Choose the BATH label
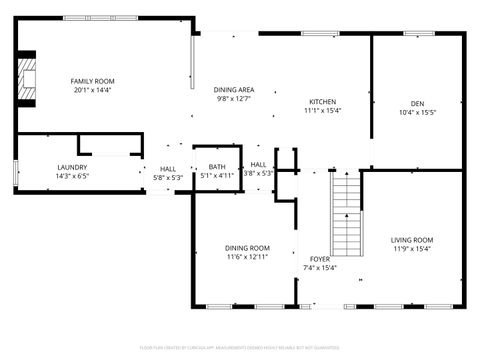click(217, 167)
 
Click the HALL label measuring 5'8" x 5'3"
click(168, 167)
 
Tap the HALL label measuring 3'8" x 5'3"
click(258, 164)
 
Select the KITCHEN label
click(322, 101)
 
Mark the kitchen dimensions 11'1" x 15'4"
click(322, 111)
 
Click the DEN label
click(417, 103)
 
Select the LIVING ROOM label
click(411, 240)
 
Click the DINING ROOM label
click(246, 248)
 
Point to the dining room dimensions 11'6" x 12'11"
click(246, 258)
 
